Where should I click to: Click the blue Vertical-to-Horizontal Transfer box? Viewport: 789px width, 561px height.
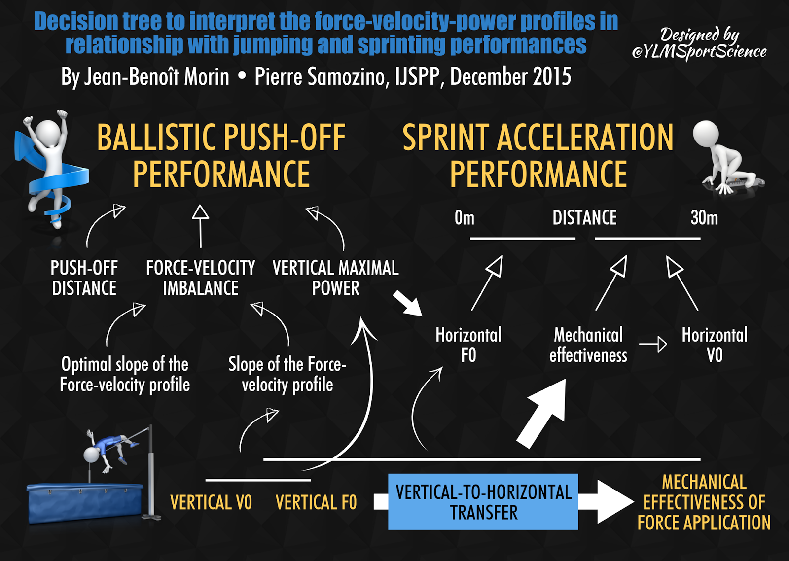483,501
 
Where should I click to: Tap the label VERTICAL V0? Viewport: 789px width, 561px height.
211,502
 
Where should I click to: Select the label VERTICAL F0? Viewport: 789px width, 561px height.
316,502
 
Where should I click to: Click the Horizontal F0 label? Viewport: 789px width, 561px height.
468,345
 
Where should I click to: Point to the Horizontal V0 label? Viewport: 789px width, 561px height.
715,345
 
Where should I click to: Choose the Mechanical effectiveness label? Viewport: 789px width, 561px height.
588,345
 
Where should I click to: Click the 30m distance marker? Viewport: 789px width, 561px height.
704,217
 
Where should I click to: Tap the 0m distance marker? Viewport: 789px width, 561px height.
464,217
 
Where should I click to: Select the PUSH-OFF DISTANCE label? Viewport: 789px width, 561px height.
84,278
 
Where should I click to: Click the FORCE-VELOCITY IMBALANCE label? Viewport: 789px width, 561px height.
200,278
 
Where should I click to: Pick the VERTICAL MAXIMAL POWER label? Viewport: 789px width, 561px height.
336,278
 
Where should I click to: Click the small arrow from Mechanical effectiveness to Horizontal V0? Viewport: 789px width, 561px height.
653,344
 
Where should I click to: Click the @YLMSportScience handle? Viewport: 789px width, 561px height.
699,52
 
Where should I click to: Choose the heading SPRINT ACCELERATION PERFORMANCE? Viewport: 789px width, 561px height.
538,155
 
